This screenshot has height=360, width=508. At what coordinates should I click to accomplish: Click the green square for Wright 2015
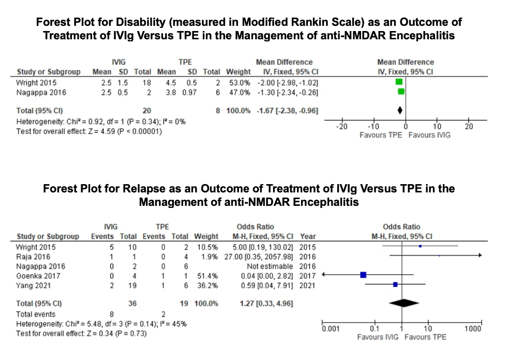click(399, 82)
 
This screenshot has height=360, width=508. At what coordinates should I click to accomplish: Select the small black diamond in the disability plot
click(400, 111)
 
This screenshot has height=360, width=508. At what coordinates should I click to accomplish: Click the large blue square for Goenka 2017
click(363, 275)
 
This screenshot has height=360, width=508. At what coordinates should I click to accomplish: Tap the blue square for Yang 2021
click(395, 284)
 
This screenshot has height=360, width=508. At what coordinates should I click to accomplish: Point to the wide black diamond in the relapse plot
click(404, 303)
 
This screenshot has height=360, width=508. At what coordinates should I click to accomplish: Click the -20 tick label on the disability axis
click(342, 126)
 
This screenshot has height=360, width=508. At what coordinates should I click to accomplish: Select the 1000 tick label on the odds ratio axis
click(473, 328)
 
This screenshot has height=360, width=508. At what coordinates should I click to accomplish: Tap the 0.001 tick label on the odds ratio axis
click(331, 328)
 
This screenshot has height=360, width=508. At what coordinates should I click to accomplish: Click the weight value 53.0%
click(240, 83)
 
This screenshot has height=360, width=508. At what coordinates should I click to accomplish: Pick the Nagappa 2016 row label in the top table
click(41, 93)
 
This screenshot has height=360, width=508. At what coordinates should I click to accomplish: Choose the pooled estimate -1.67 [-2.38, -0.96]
click(288, 111)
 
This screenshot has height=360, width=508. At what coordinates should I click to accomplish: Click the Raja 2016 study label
click(33, 257)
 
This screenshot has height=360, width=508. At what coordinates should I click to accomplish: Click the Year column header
click(308, 236)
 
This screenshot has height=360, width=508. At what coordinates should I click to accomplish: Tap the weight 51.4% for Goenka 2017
click(207, 276)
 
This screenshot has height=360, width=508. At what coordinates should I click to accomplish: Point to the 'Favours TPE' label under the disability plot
click(381, 135)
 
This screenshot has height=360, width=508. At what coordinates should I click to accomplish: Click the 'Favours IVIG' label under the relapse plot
click(378, 337)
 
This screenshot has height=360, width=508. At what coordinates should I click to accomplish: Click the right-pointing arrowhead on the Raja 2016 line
click(480, 256)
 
